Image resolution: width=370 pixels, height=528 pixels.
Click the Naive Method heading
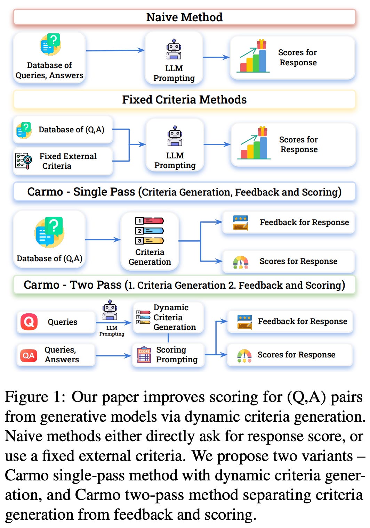click(184, 17)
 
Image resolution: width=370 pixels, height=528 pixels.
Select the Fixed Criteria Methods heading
click(184, 100)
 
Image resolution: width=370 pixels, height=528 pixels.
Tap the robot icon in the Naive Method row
click(174, 49)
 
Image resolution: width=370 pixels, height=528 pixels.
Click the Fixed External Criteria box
click(63, 161)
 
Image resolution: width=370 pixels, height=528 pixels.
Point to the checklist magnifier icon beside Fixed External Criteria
click(24, 161)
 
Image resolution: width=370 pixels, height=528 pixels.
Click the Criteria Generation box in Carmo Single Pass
click(150, 240)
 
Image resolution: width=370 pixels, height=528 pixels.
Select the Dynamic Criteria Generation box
click(168, 317)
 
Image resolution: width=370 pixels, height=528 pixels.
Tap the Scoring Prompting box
click(168, 355)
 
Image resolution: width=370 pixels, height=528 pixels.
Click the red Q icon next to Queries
click(29, 322)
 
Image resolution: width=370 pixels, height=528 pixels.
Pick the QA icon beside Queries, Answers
click(29, 355)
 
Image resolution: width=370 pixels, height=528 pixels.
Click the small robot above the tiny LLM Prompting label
click(110, 310)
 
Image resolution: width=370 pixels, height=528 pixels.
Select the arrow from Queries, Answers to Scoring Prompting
click(113, 356)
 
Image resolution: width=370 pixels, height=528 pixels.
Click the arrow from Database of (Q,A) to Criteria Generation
click(103, 240)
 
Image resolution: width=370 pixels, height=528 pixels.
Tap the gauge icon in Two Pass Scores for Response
click(244, 356)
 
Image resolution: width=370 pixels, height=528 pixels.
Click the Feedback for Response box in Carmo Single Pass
click(288, 222)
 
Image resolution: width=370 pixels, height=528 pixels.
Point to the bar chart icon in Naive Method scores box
click(254, 56)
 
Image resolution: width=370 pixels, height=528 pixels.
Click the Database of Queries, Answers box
click(49, 58)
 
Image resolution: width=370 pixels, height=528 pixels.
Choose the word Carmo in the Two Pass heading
click(41, 285)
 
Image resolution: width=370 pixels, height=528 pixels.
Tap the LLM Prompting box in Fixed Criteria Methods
click(175, 145)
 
